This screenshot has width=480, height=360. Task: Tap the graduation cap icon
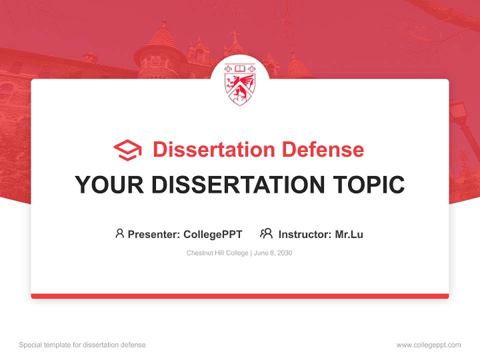point(127,150)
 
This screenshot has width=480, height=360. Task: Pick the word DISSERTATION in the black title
point(234,184)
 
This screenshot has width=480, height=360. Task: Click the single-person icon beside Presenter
point(119,233)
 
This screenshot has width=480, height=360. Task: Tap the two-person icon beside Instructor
point(266,233)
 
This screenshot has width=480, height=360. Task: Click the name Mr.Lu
point(349,234)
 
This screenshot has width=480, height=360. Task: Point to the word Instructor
point(304,234)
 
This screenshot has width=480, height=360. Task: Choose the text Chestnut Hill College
point(217,253)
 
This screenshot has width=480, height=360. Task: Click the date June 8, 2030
point(273,253)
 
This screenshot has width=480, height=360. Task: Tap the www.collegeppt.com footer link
point(428,345)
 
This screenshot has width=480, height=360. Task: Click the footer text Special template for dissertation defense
point(82,345)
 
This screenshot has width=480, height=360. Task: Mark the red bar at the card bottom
point(240,296)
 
